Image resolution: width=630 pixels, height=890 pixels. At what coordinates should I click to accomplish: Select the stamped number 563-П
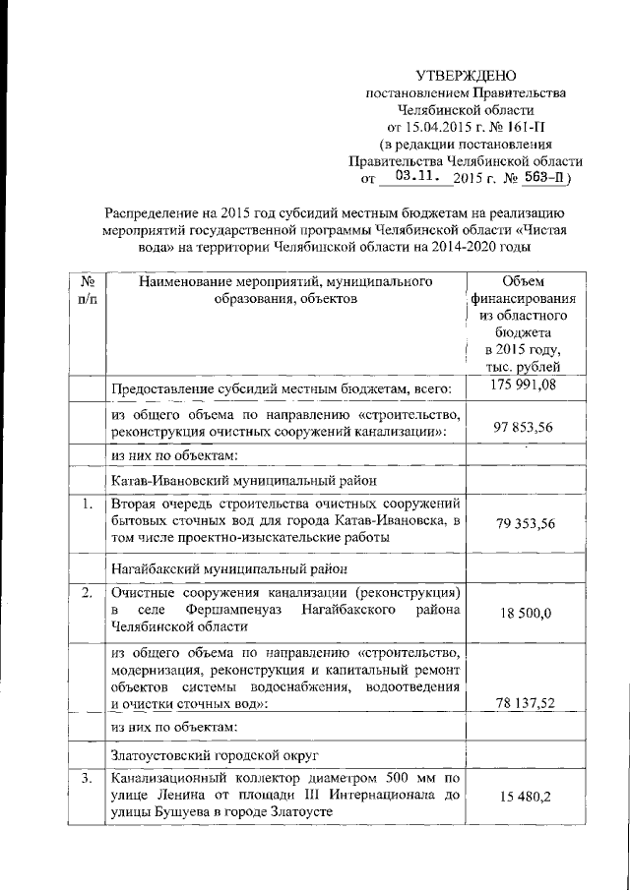click(544, 178)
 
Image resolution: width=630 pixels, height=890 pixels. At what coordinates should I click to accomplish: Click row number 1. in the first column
click(87, 504)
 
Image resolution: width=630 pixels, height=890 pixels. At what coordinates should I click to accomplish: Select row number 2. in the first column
click(87, 593)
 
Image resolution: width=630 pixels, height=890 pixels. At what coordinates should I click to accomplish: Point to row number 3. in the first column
click(87, 780)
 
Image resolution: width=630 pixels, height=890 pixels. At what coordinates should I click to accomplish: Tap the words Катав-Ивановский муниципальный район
click(243, 481)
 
